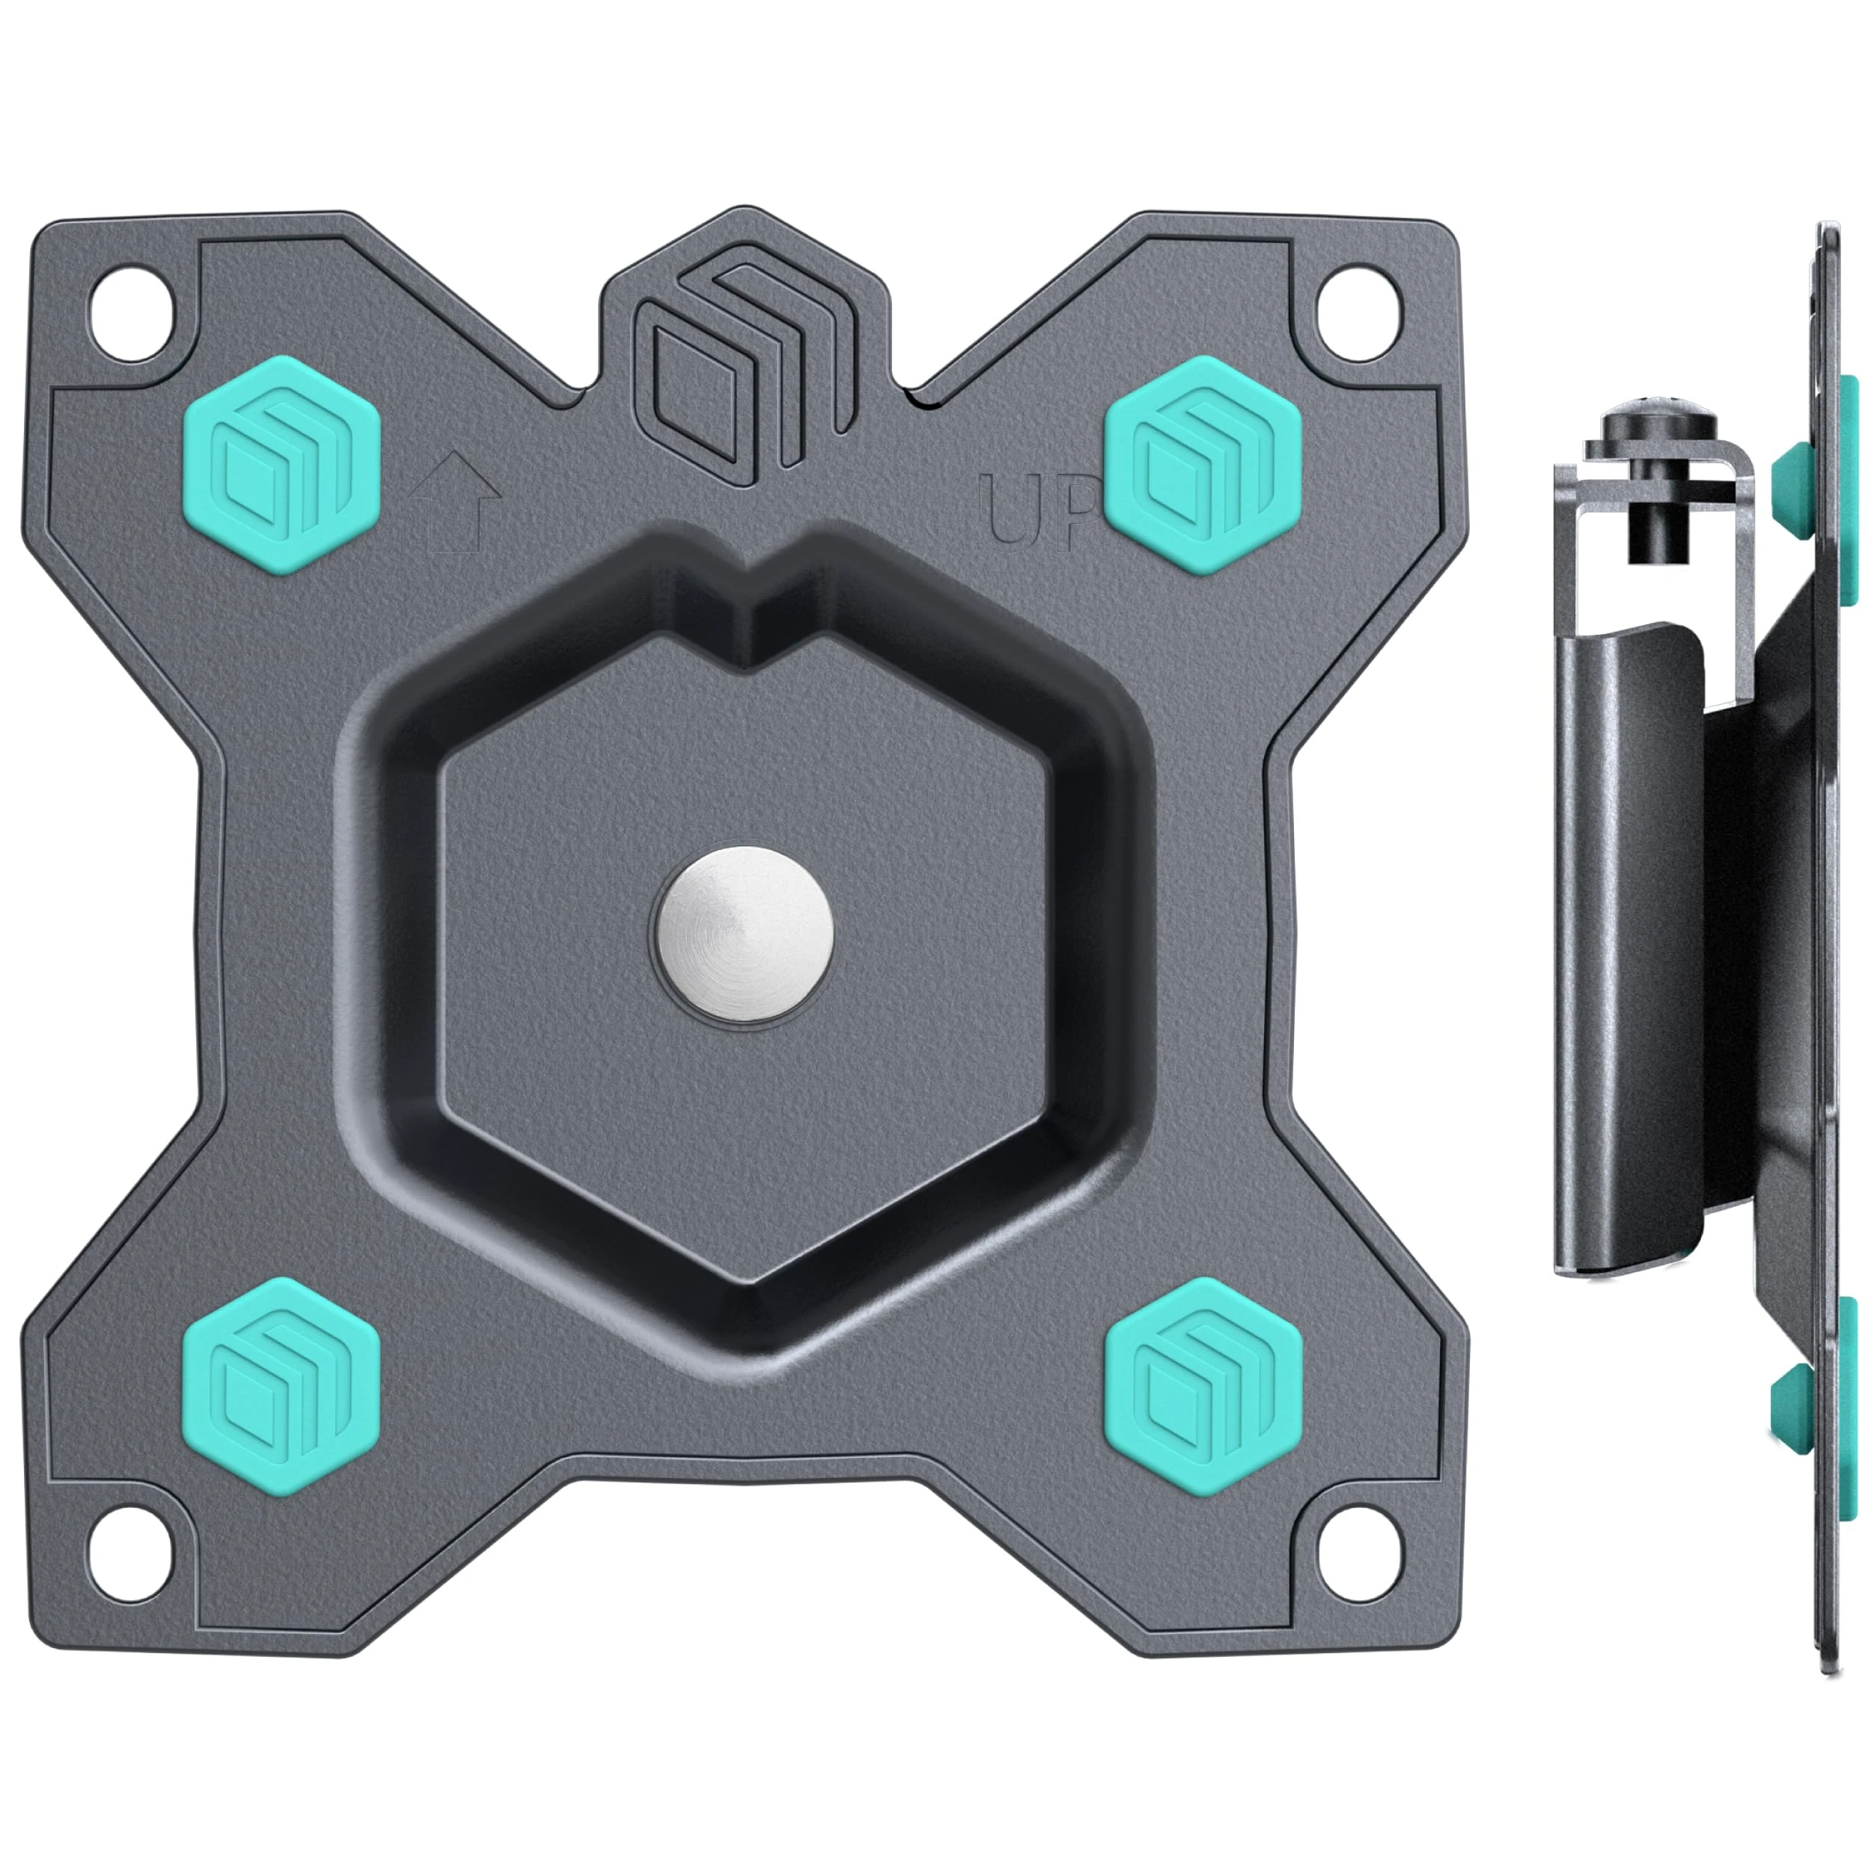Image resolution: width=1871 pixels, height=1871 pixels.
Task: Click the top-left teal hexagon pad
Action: (281, 465)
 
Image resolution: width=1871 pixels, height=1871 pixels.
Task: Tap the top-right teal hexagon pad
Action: (1202, 465)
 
